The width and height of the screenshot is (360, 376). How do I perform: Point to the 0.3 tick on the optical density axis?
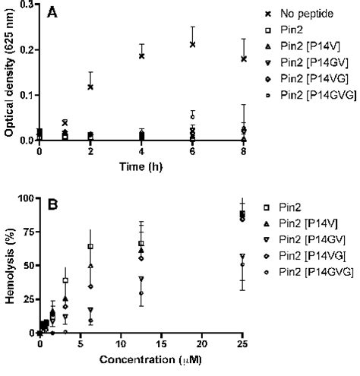pyautogui.click(x=27, y=5)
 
